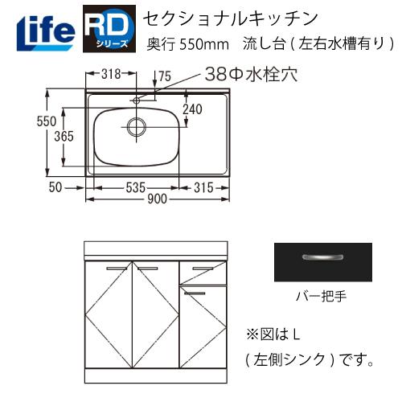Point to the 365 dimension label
click(65, 136)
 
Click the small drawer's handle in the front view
click(195, 294)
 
